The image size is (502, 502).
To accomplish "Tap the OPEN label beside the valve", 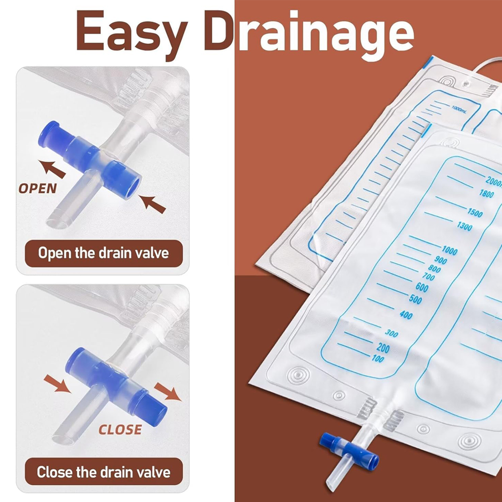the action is tap(38, 189).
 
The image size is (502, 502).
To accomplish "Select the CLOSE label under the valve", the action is tap(120, 430).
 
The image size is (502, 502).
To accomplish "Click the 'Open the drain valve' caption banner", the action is tap(104, 253).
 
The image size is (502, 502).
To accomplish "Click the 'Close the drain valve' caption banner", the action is tap(104, 472).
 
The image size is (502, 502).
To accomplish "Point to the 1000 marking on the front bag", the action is tap(449, 250).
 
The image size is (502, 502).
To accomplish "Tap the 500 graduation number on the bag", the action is tap(415, 299).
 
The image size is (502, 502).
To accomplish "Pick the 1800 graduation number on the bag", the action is tap(486, 193).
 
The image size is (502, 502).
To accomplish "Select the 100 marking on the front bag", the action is tap(378, 358).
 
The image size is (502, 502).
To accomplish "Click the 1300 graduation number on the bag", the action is tap(464, 226).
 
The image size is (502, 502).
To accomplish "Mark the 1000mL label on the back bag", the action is tap(459, 109).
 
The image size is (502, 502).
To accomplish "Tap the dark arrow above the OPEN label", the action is tap(52, 168).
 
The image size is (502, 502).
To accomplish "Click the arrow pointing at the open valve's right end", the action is tap(153, 204).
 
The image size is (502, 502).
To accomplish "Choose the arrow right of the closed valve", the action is tap(168, 392).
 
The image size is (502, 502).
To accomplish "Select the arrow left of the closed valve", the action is tap(57, 383).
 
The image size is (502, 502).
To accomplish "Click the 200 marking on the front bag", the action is tap(383, 348).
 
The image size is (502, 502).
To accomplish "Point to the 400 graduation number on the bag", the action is tap(406, 315).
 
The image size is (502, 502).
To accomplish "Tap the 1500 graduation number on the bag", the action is tap(475, 212).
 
